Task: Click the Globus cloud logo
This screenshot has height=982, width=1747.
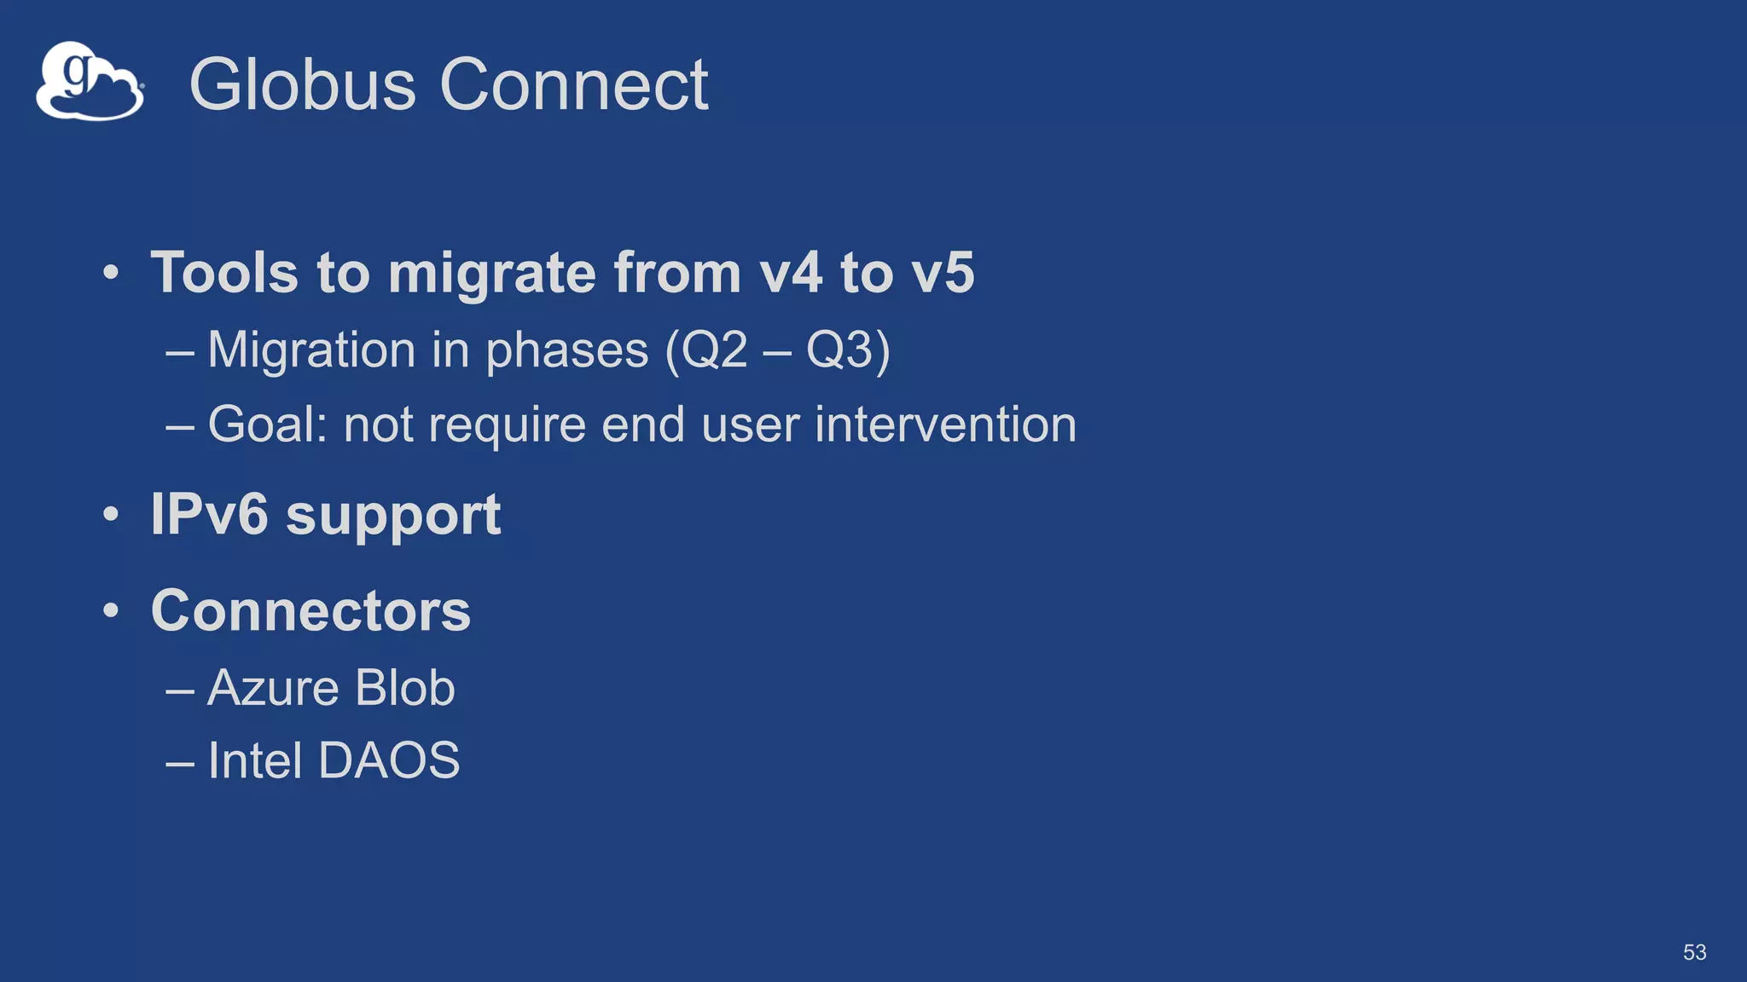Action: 90,82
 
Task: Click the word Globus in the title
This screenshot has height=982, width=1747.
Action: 302,84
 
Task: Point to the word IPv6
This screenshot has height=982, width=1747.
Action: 209,514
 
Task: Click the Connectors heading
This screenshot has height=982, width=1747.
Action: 311,610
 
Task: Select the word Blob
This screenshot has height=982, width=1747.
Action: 405,687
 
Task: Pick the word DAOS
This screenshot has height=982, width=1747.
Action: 389,760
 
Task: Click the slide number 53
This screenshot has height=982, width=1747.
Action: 1694,952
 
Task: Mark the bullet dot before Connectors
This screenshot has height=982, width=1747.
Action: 111,611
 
